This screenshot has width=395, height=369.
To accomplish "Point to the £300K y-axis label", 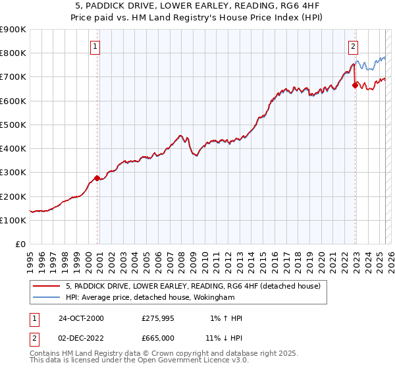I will [13, 173].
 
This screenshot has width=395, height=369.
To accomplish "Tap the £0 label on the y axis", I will [19, 244].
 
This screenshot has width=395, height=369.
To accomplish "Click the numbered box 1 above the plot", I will [95, 46].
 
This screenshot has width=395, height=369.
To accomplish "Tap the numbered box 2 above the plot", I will [354, 46].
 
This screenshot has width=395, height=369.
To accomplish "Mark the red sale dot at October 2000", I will [97, 178].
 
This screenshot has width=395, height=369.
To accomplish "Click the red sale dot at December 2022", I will [355, 85].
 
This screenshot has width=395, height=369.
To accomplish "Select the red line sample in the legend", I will [46, 286].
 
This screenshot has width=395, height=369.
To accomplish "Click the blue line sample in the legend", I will [46, 297].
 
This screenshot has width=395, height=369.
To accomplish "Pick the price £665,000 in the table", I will [158, 337].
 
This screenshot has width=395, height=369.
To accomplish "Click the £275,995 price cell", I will [158, 318].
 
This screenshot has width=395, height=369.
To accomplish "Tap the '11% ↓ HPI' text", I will [225, 337].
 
